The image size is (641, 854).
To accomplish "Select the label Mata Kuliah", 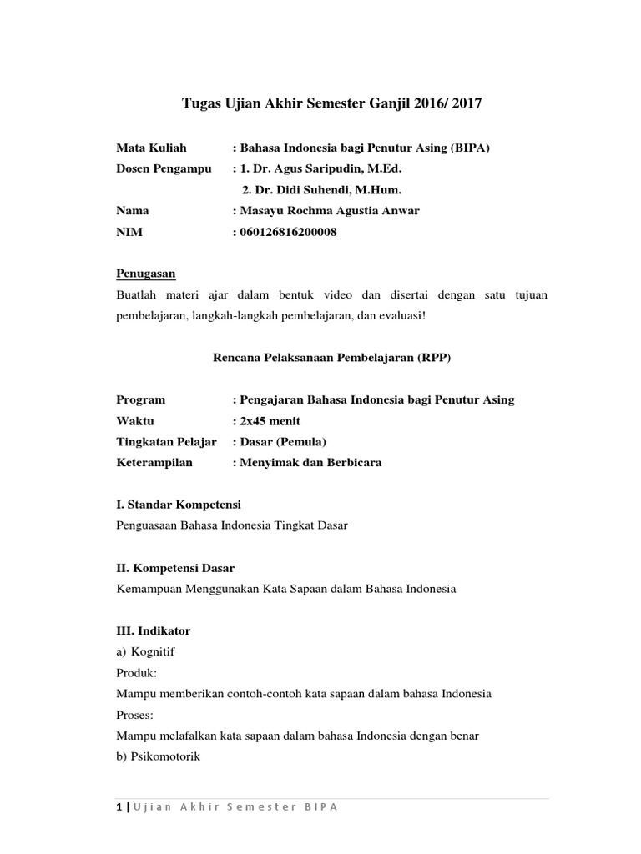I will pos(152,148).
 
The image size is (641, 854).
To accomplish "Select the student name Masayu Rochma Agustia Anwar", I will pos(330,211).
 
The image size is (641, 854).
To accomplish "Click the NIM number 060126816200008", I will pos(289,232).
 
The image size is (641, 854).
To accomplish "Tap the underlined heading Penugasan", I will pos(146,274).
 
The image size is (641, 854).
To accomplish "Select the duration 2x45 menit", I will pos(270,420).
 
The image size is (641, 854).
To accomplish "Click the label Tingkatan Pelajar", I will pos(167,441).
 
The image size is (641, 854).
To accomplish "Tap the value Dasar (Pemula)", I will pos(283,441).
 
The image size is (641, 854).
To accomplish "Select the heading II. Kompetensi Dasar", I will pos(175,567).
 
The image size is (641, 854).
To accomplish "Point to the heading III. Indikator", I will pos(154,630).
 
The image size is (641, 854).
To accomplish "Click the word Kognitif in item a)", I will pos(154,651).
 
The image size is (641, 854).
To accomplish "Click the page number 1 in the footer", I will pos(119,806).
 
